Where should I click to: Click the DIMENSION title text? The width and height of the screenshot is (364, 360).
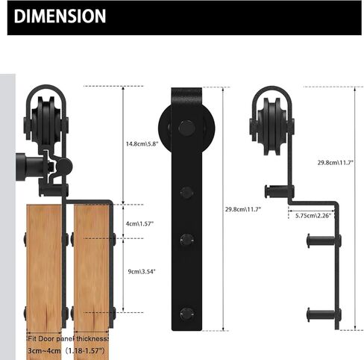(60, 16)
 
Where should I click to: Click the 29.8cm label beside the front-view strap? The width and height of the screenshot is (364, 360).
(242, 209)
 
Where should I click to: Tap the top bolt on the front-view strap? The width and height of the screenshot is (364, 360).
(183, 193)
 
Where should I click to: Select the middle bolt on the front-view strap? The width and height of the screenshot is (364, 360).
(183, 240)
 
